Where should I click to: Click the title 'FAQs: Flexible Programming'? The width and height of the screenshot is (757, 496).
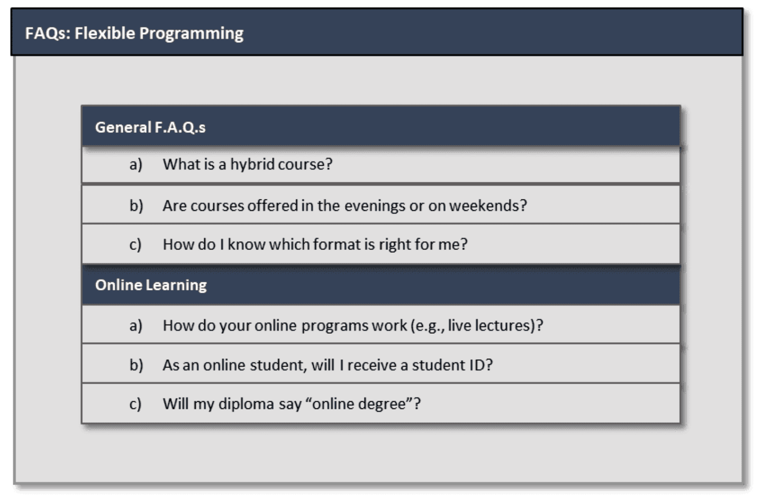[x=134, y=33]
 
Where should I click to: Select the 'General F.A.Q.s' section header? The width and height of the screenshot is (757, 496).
[x=150, y=128]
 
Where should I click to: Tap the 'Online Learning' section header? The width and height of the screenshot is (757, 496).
[x=151, y=285]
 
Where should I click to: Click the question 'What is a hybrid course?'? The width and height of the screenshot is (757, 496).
[x=248, y=165]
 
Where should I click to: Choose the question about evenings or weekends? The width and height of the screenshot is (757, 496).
[x=345, y=206]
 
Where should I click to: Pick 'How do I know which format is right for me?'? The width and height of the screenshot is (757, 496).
[x=315, y=244]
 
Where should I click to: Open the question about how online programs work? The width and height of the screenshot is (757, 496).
[x=353, y=326]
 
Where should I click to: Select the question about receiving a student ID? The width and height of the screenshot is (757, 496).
[x=328, y=365]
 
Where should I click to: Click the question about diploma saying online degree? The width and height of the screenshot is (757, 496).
[x=292, y=404]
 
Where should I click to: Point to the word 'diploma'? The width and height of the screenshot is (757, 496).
[x=246, y=404]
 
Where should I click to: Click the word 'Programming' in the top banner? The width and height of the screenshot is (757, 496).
[x=191, y=34]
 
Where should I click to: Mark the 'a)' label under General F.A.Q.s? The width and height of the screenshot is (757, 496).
[x=136, y=165]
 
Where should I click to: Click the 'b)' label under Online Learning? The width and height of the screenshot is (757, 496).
[x=136, y=365]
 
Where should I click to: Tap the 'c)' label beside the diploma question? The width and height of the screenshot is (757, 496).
[x=136, y=404]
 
